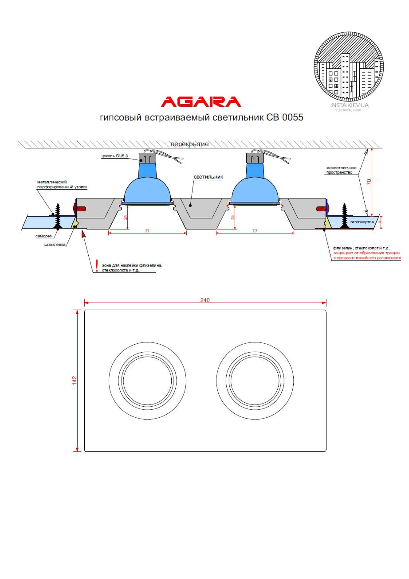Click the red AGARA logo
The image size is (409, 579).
[201, 102]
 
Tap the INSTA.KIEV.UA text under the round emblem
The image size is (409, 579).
[350, 105]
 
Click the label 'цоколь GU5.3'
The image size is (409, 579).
[115, 156]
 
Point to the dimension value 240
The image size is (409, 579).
[204, 300]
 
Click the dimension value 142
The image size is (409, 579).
[75, 381]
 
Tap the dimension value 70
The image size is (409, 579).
[369, 181]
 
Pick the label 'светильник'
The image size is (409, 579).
[208, 176]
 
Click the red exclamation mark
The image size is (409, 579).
[97, 264]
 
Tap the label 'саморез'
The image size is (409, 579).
[43, 236]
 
